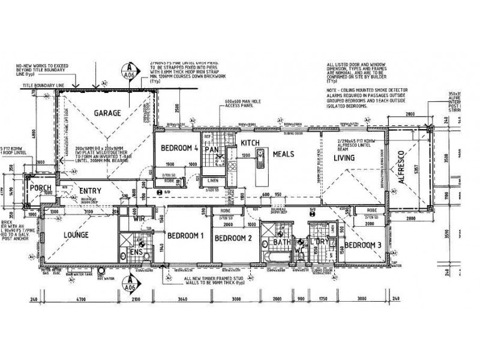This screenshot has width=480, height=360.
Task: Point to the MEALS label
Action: coord(283,154)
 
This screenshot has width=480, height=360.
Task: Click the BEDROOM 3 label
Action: coord(362,245)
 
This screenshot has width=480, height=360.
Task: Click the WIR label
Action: coord(140,219)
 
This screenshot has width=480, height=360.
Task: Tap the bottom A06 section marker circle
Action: coord(127,283)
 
